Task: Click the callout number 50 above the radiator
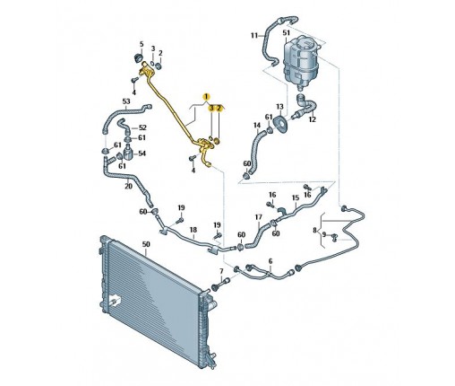146,244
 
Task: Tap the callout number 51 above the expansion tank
286,32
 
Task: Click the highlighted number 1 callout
206,97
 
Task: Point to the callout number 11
254,36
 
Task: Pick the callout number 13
279,107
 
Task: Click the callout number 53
126,101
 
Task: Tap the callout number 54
142,154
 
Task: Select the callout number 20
128,186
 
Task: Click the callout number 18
193,230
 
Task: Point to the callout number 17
259,217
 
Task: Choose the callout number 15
296,197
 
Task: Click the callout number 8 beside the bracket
314,230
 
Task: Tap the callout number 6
270,261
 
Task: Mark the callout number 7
221,271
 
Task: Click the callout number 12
313,119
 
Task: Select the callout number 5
142,44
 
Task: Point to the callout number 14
257,125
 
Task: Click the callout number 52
143,127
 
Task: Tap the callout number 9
324,235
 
